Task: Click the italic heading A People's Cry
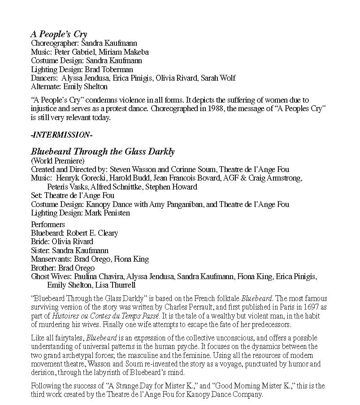coord(59,34)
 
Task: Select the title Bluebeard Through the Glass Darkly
coord(103,151)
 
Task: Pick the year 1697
coord(302,307)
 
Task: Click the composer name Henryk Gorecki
coord(75,178)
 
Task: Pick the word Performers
coord(48,224)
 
